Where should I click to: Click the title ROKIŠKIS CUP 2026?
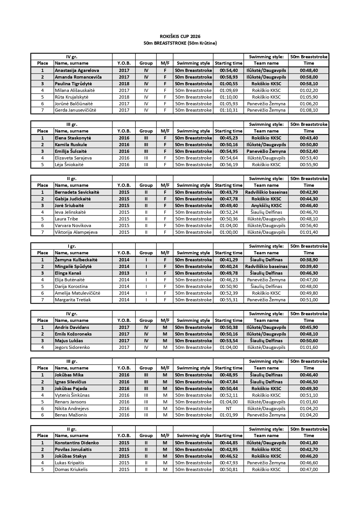180,37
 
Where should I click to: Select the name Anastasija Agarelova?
77,70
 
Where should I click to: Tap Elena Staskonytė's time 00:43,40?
309,138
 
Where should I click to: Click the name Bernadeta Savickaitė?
77,192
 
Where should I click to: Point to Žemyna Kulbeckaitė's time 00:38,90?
309,260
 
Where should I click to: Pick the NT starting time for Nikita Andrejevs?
229,409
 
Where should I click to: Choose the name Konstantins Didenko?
77,443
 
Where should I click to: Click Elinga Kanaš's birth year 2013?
124,273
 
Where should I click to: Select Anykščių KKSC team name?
266,206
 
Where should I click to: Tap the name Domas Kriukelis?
71,470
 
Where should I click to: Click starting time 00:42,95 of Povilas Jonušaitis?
229,450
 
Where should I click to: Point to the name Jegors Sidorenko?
72,347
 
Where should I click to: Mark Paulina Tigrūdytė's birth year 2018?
124,84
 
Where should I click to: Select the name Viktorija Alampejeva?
76,232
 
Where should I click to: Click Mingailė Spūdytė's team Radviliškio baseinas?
266,267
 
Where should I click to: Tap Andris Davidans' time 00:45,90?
309,327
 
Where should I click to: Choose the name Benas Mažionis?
71,415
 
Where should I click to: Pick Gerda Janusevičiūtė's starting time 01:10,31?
229,110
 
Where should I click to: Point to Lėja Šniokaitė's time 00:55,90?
309,165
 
